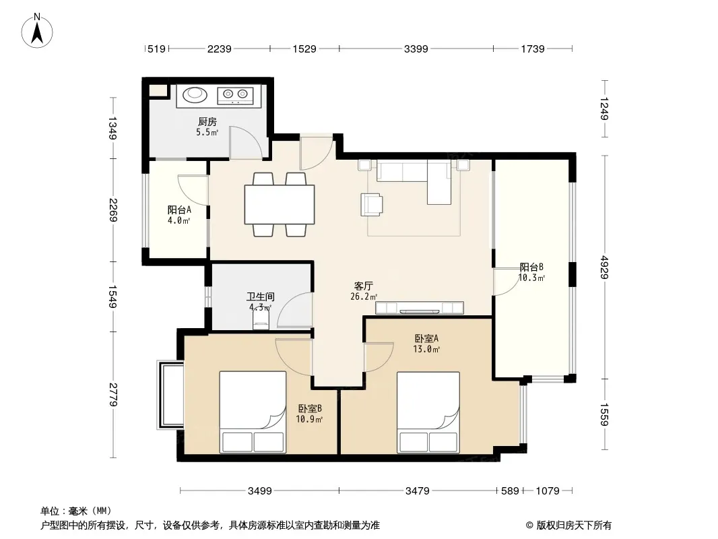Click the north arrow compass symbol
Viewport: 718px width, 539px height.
[x=37, y=31]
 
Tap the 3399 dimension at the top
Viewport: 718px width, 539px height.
[x=416, y=49]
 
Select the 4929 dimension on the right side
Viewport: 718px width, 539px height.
[x=604, y=267]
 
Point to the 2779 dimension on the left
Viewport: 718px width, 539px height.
[x=113, y=394]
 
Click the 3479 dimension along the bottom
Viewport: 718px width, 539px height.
[x=417, y=491]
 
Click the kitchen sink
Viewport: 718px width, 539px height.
[x=195, y=95]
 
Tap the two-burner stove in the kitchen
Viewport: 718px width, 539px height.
[x=235, y=95]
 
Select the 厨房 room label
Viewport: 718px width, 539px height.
[x=207, y=121]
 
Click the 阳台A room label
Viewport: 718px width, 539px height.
[x=179, y=210]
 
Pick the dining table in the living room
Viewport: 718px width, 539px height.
[x=280, y=204]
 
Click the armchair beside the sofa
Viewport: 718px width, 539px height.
[x=371, y=204]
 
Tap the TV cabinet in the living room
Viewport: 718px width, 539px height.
[x=420, y=308]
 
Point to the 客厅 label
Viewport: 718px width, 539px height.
[x=364, y=286]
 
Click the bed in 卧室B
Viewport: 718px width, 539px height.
[x=253, y=412]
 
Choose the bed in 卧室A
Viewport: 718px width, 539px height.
[x=428, y=412]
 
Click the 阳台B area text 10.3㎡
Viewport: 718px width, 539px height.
[x=531, y=278]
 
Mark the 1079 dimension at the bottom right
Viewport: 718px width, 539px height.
[x=547, y=491]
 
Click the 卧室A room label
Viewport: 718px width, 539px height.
[x=426, y=338]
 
